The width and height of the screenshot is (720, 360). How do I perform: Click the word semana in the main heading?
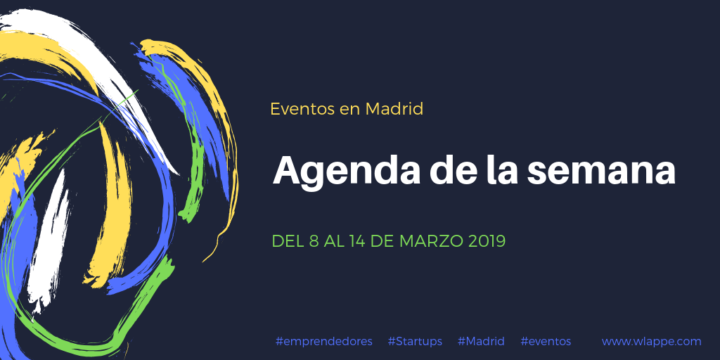[x=601, y=171]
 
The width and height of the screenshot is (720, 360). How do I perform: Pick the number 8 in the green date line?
[x=314, y=241]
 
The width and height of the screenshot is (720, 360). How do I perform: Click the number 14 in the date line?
[x=356, y=241]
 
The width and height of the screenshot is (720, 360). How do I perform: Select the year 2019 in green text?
[x=487, y=241]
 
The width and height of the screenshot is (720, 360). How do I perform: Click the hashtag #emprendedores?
[x=323, y=342]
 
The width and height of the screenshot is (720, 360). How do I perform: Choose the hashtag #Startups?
[x=415, y=342]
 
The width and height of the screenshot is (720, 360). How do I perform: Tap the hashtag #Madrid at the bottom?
[x=481, y=341]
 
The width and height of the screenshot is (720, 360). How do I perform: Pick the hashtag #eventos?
[x=546, y=342]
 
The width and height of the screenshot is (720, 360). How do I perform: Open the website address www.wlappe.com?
[x=652, y=342]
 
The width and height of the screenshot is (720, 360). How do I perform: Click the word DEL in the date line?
[x=288, y=241]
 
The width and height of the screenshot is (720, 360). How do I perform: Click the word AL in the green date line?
[x=333, y=241]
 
